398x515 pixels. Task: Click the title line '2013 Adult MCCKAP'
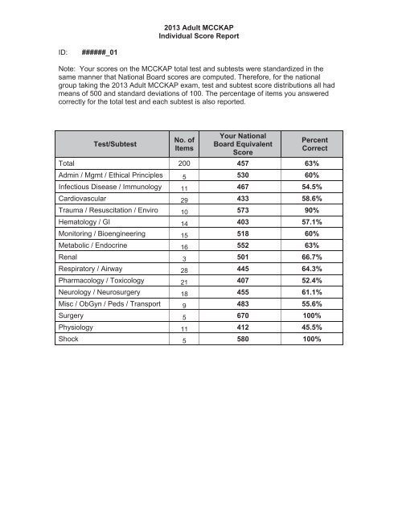tap(199, 26)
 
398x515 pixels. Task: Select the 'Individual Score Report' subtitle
tap(199, 36)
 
